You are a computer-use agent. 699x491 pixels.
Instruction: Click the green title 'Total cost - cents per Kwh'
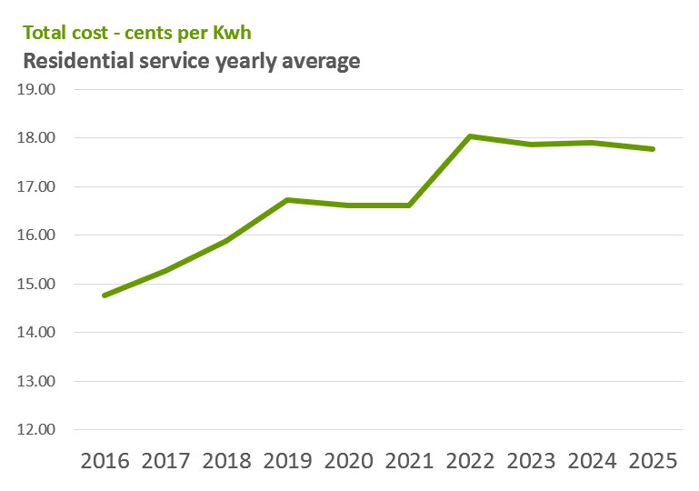point(136,34)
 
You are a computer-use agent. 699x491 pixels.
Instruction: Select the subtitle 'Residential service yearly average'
point(191,62)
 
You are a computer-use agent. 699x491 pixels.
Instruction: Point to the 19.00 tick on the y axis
point(37,90)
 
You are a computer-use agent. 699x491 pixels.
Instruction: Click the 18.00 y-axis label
point(37,138)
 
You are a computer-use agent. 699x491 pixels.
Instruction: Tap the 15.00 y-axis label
point(37,284)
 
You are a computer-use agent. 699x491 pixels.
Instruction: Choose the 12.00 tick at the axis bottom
point(37,430)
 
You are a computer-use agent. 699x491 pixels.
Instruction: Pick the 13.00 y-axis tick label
point(37,381)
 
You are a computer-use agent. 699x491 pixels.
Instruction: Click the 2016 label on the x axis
point(105,461)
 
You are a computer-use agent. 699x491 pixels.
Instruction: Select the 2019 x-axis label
point(288,461)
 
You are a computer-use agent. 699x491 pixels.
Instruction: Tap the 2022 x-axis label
point(470,461)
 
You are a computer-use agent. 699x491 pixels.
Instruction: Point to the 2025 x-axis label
point(653,461)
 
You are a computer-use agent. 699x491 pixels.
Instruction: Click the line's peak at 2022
point(470,136)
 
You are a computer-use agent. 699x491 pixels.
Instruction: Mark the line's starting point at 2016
point(105,295)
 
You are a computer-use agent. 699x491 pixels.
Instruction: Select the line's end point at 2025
point(653,149)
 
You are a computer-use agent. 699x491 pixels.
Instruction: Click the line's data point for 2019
point(288,200)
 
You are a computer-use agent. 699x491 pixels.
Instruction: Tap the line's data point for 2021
point(409,205)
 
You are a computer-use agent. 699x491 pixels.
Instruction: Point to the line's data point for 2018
point(226,241)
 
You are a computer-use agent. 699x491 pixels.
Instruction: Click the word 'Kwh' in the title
point(231,34)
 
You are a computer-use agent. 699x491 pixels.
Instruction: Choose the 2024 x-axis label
point(592,461)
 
